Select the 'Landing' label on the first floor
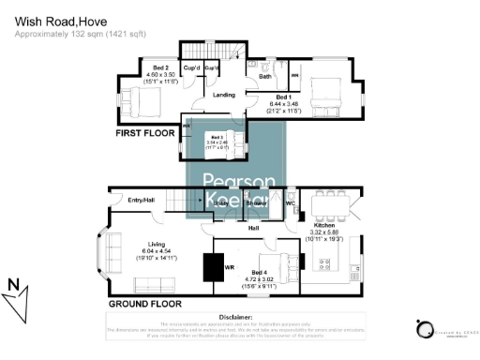point(224,95)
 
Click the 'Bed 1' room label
point(283,97)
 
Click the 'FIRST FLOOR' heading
point(146,134)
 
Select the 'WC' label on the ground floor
point(291,202)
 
